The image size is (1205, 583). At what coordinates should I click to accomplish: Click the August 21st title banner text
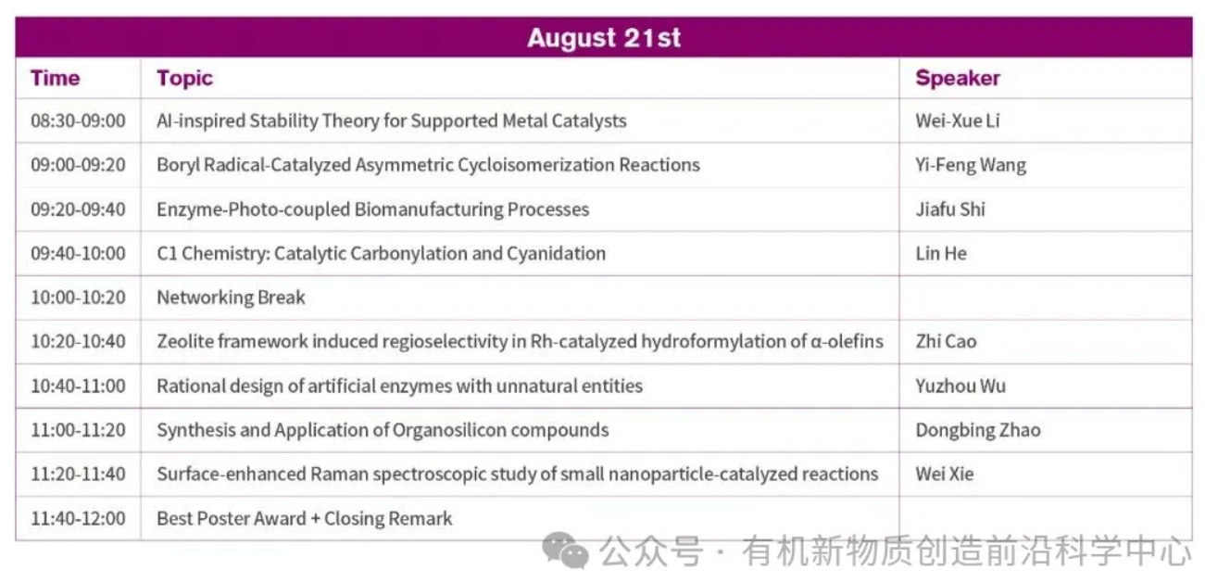(x=604, y=38)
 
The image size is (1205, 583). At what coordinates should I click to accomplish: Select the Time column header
(x=56, y=78)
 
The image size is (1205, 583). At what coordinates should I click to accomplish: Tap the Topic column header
(x=184, y=79)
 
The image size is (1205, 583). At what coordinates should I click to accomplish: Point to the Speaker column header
(x=958, y=79)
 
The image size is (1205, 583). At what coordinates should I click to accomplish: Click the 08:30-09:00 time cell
(x=78, y=120)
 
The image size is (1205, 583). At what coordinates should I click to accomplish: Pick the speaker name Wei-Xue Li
(x=958, y=120)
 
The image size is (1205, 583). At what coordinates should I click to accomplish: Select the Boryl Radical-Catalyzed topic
(x=428, y=165)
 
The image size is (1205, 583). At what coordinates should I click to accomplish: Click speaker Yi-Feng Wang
(x=971, y=165)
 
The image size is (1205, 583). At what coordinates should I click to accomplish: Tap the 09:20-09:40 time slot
(x=78, y=209)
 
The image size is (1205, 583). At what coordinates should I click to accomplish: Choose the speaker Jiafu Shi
(x=950, y=209)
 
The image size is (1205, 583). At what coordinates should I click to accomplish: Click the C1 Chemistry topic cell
(x=381, y=254)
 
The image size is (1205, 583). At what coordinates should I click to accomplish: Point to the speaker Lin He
(x=941, y=254)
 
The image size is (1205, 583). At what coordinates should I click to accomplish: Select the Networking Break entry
(x=231, y=298)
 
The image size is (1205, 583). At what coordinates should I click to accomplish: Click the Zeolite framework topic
(x=520, y=342)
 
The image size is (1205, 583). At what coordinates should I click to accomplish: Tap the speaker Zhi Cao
(x=946, y=342)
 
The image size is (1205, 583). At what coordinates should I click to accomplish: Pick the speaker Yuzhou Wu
(x=960, y=386)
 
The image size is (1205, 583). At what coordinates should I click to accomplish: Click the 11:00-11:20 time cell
(x=78, y=430)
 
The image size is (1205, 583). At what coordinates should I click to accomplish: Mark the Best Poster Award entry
(x=305, y=518)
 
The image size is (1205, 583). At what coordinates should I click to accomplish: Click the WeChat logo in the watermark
(x=565, y=551)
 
